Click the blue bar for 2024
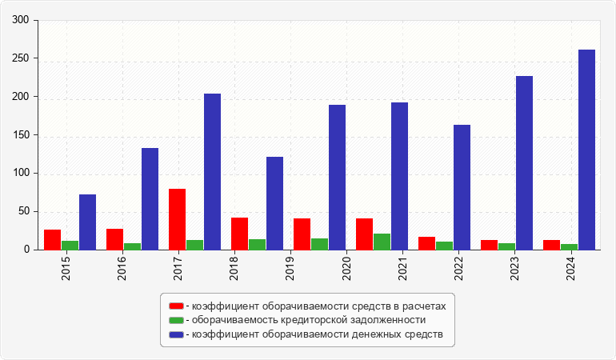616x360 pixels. coord(586,150)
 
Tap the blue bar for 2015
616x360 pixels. coord(87,222)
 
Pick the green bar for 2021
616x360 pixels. coord(382,242)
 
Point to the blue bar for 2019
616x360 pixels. coord(274,203)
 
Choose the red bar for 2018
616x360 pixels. coord(239,234)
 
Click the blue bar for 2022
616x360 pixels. coord(462,187)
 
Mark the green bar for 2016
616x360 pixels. coord(132,246)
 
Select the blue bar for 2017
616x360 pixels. coord(212,171)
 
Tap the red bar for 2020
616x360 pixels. coord(364,234)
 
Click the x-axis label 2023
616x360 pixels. coord(514,265)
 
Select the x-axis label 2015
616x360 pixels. coord(66,265)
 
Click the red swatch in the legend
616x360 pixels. coord(176,306)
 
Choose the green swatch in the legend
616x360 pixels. coord(176,320)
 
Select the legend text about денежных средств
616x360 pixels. coord(316,334)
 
